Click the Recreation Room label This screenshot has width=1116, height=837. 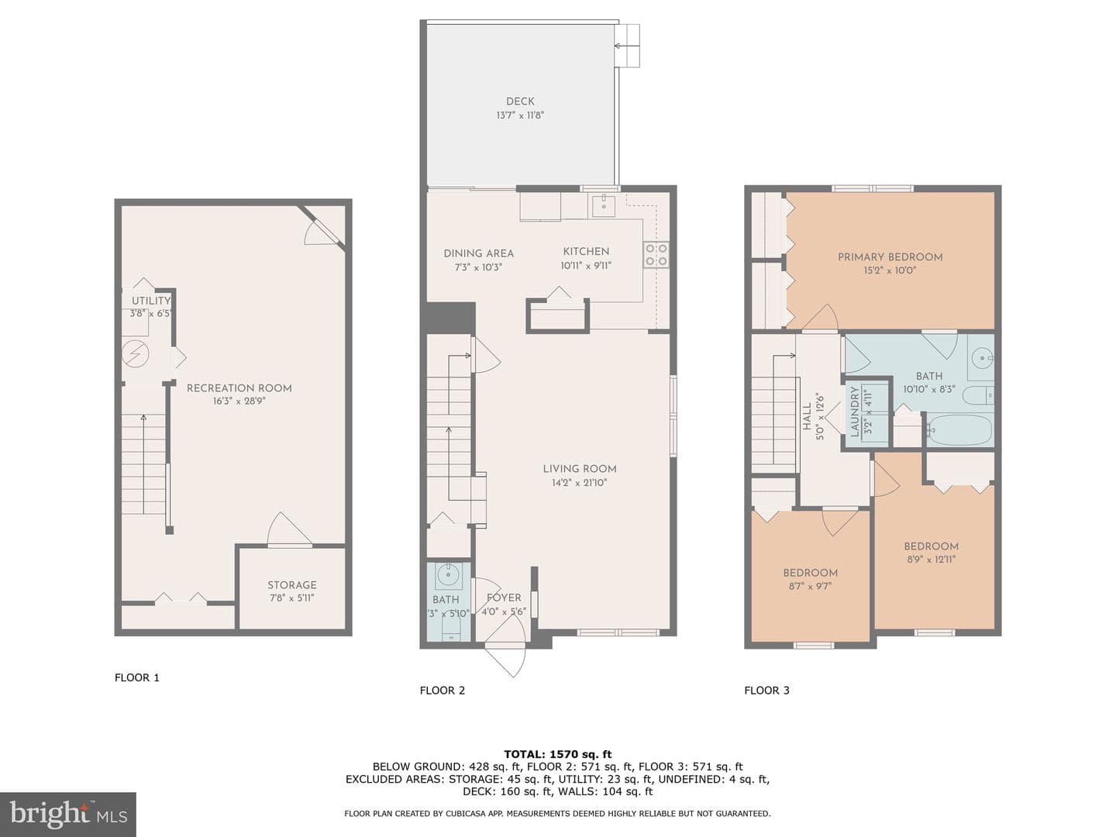(239, 388)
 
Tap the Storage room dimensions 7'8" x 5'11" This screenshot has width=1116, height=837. (292, 598)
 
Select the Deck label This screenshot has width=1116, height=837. (520, 102)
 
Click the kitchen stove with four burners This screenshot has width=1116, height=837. (656, 255)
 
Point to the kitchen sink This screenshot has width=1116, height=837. (604, 205)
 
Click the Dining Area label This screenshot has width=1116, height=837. (478, 253)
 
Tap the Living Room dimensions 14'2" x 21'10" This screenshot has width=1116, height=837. (580, 483)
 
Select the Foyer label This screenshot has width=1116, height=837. (504, 598)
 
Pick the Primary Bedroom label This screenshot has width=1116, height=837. (890, 257)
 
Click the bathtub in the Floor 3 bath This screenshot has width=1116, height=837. (959, 430)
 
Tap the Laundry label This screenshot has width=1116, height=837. (855, 412)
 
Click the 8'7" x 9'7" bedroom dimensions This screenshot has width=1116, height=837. (810, 586)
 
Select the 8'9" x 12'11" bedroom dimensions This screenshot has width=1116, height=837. (931, 560)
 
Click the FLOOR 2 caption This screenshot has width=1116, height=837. (443, 691)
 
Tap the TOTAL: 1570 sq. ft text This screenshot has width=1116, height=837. (558, 754)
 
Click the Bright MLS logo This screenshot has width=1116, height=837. (68, 814)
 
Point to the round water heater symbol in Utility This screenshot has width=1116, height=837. (136, 353)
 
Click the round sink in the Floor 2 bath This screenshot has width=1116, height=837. (448, 577)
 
